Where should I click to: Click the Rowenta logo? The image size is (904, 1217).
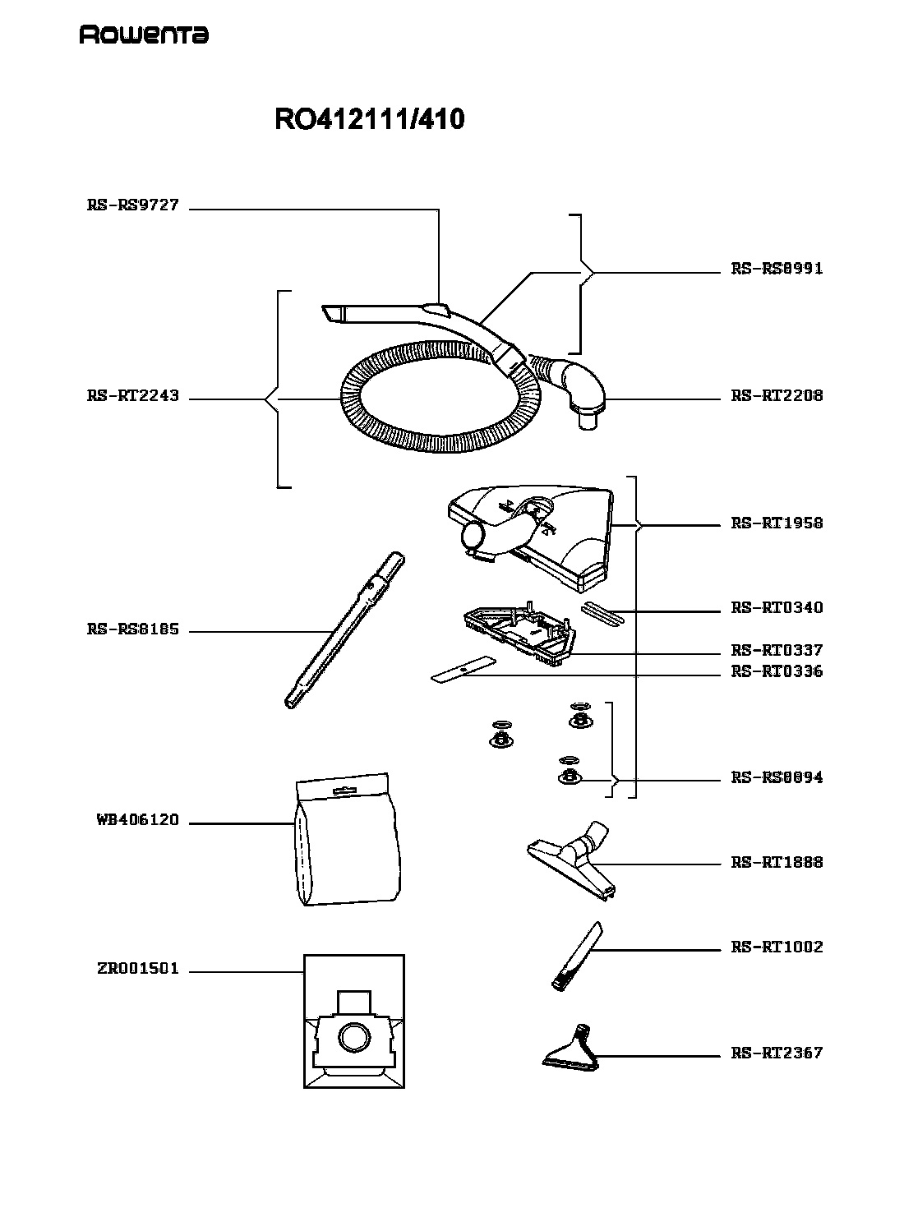point(144,35)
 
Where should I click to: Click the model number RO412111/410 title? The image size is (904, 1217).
point(369,119)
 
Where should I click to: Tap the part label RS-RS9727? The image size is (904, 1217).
point(133,205)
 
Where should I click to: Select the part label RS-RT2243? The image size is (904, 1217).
point(133,395)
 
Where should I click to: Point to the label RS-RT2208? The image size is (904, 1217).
point(777,395)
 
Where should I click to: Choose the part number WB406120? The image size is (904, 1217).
point(138,820)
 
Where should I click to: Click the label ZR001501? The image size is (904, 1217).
point(138,969)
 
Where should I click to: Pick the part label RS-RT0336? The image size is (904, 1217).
point(777,671)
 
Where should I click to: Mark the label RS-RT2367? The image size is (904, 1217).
point(777,1053)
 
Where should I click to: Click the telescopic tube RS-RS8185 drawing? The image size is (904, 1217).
point(344,630)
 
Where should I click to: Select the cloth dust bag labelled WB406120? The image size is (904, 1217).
point(347,840)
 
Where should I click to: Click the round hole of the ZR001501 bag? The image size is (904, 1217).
point(354,1038)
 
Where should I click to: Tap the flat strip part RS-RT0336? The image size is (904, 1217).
point(464,670)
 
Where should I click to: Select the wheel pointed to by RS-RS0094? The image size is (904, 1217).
point(570,776)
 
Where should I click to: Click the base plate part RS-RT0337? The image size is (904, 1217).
point(519,634)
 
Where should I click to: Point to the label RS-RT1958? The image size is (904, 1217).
point(777,523)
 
